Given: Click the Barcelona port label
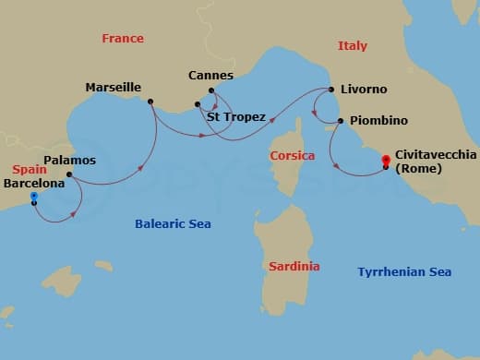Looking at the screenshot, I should tap(34, 183).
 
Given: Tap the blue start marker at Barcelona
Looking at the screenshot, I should tap(34, 196).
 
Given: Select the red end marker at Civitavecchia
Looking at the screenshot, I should tap(386, 162).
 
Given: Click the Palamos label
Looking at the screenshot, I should tap(70, 160).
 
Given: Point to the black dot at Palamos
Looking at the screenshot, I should tap(69, 174).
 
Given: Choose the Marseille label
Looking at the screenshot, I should tap(113, 88).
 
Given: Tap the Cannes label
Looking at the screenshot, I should tap(210, 75).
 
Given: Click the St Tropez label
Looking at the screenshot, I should tap(236, 117).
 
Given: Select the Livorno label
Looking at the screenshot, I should tap(364, 90).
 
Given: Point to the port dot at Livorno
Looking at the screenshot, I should tap(330, 90).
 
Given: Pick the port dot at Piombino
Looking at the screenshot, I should tap(341, 121).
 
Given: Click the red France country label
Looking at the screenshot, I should tap(123, 39).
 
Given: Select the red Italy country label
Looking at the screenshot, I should tap(352, 45).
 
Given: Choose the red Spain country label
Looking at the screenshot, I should tap(30, 170).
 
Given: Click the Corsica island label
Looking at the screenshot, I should tap(293, 156).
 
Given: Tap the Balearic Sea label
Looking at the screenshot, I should tap(173, 223).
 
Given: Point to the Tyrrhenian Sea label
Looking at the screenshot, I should tap(404, 271).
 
